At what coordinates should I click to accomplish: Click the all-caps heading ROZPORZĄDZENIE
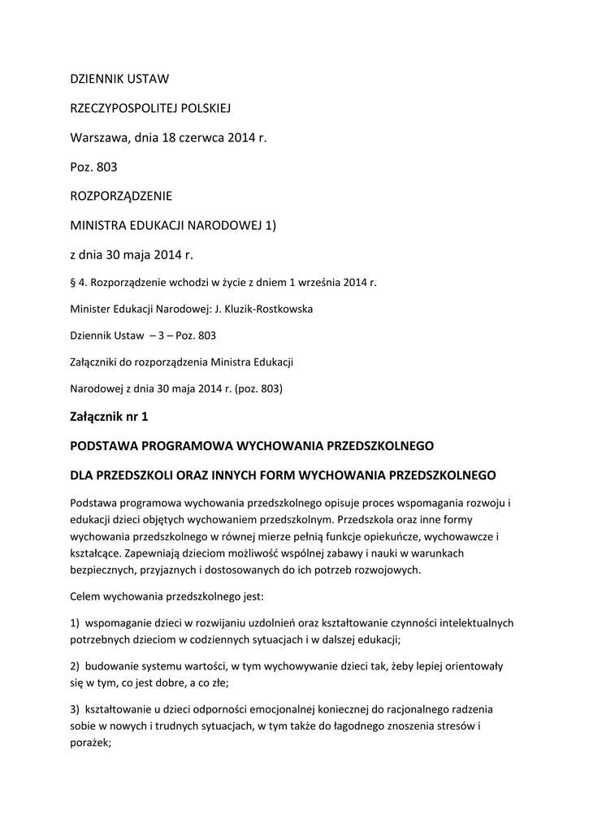[121, 196]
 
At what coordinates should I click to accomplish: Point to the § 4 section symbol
[74, 284]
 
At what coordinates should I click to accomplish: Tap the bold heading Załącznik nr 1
[110, 417]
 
